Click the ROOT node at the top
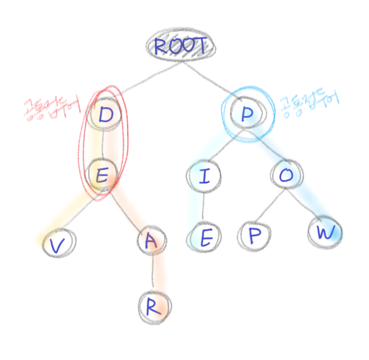[180, 46]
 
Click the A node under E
[152, 243]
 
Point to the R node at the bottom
[153, 307]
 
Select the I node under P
[204, 177]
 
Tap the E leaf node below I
[205, 238]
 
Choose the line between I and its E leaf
[204, 207]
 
